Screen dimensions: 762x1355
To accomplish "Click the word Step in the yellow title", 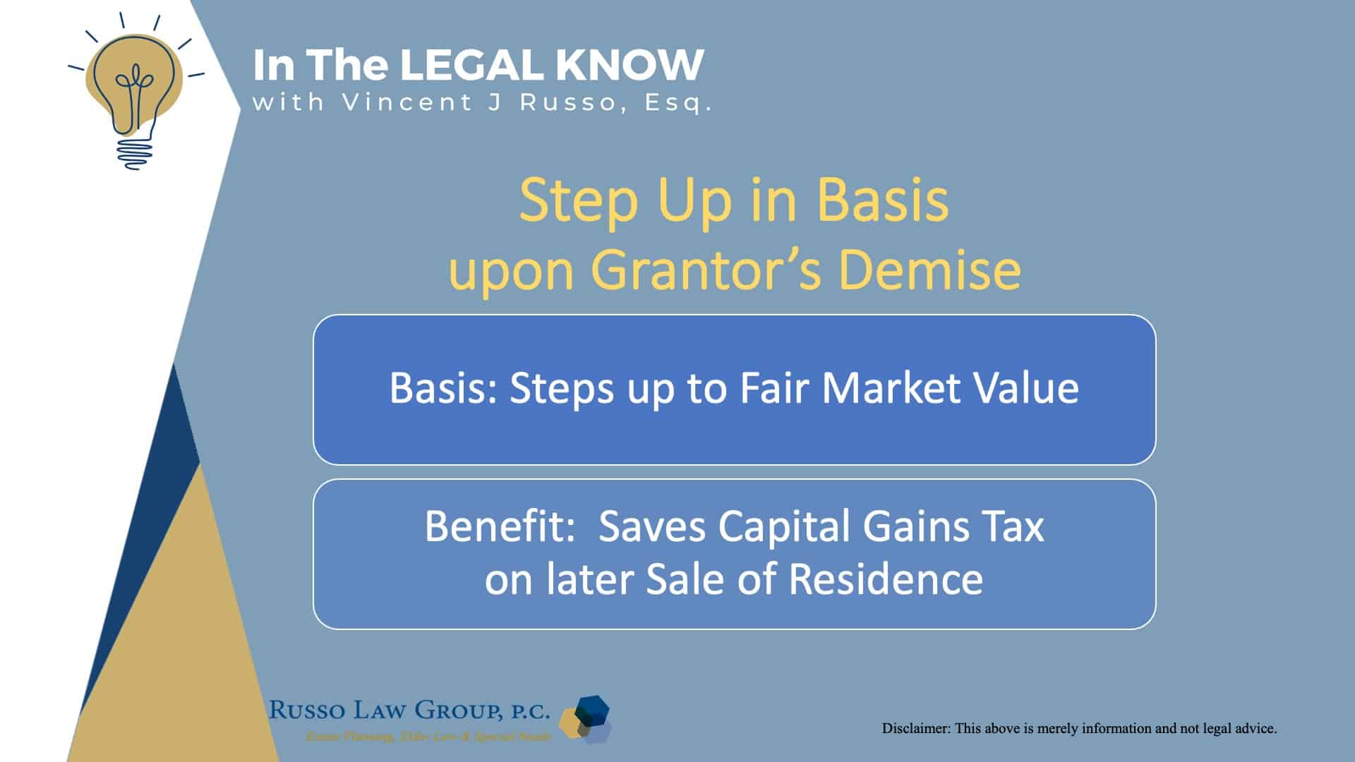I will (x=579, y=201).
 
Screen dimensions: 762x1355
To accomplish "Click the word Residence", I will (x=885, y=579).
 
